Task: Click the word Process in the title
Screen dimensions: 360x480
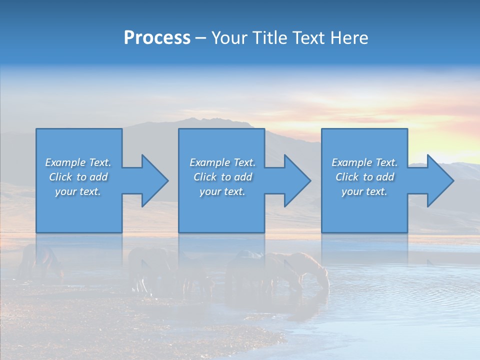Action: point(157,38)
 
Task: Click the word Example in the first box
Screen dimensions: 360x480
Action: point(65,162)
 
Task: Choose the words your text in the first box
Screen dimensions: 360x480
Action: point(78,191)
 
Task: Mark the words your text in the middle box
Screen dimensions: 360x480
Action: point(222,191)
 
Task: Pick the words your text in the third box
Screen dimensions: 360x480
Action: point(364,191)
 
